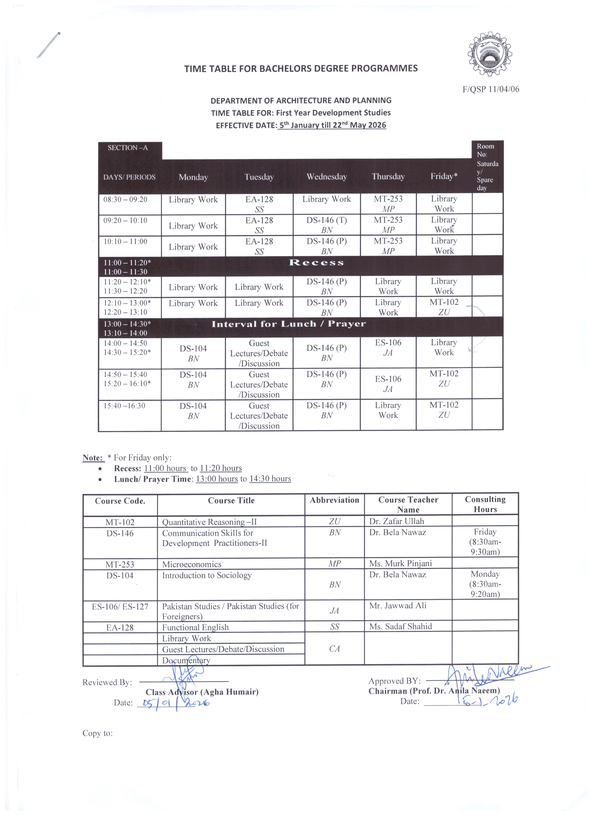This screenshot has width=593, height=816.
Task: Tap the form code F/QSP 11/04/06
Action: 491,89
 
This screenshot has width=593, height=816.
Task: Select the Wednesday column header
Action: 326,177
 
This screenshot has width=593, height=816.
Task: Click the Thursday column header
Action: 388,177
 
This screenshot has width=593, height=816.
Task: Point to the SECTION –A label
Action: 128,148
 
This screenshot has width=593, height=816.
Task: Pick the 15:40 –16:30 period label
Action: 124,406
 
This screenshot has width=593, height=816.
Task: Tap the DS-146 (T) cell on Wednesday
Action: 326,220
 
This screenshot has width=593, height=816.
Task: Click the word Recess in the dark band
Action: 316,263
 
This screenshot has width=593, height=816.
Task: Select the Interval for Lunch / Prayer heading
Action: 288,324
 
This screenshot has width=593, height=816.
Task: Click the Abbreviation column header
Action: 334,500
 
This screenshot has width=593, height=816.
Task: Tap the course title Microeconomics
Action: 192,564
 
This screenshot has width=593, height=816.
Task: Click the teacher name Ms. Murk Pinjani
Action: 400,564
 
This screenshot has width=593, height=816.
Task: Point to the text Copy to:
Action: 97,733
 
